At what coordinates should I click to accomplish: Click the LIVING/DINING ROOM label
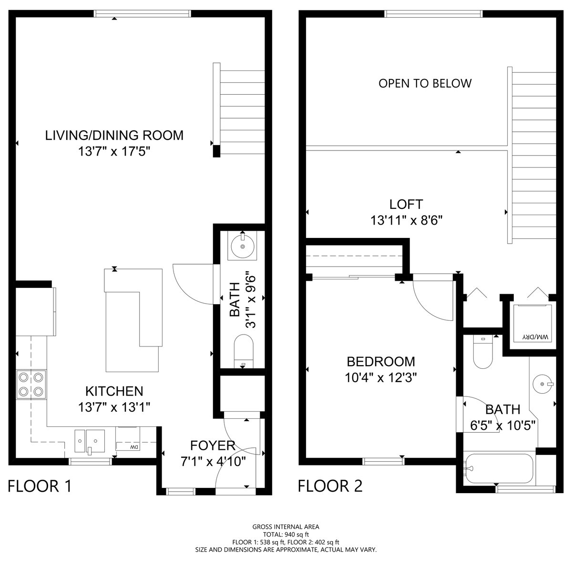114,135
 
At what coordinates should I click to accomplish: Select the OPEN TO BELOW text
425,84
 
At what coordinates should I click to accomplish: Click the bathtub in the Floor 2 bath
500,468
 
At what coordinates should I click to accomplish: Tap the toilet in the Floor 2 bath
484,352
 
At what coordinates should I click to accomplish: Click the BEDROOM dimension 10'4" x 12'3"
381,377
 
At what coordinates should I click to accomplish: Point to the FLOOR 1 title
40,486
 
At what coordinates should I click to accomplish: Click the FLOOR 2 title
330,486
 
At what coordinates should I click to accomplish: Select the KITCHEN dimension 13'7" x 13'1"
114,407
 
